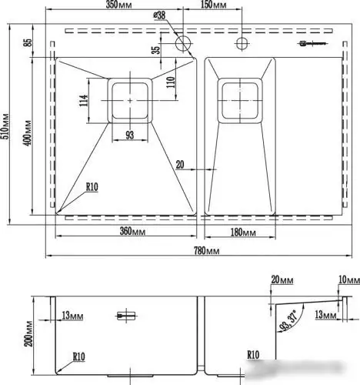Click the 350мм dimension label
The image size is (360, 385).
pyautogui.click(x=118, y=6)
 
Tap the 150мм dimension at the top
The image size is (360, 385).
pyautogui.click(x=213, y=6)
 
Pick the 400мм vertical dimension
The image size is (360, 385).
pyautogui.click(x=28, y=133)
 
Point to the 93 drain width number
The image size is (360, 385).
pyautogui.click(x=129, y=136)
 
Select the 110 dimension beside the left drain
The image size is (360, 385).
pyautogui.click(x=171, y=77)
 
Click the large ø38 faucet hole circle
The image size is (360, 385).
pyautogui.click(x=185, y=43)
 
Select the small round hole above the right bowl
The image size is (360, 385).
pyautogui.click(x=240, y=42)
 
